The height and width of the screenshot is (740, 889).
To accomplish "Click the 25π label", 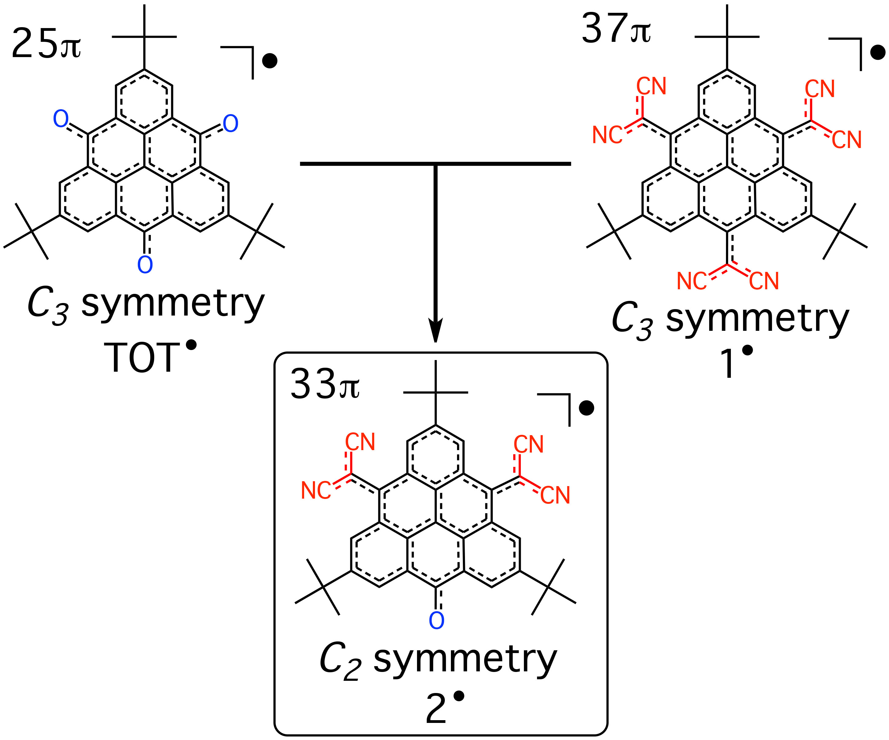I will tap(46, 44).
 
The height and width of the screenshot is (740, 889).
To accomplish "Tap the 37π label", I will tap(616, 29).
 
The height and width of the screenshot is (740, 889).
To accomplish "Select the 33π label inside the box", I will tap(325, 384).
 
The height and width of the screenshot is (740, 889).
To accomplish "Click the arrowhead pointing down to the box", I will tap(435, 330).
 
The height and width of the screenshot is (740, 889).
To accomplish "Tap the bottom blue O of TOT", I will tap(145, 265).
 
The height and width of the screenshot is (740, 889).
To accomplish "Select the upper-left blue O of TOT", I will tap(60, 119).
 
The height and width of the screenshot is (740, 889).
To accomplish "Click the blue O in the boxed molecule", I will tap(437, 621).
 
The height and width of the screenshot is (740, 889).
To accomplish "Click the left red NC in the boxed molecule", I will tap(316, 491).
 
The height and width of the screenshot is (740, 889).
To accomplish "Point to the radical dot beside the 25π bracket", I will tap(270, 61).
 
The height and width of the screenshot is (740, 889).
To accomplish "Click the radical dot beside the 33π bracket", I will tap(586, 408).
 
